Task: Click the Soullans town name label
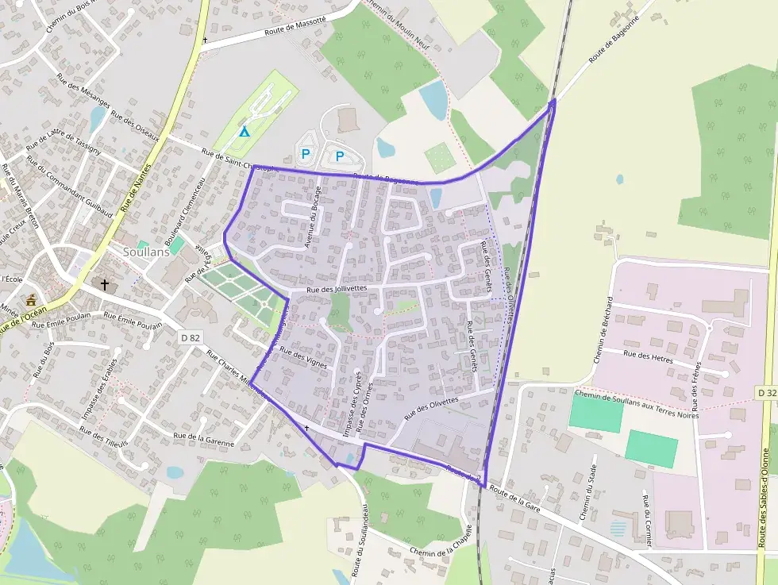(148, 252)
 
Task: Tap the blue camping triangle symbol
(245, 132)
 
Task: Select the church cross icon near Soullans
(104, 284)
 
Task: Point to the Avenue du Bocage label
(312, 217)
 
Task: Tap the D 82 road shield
(190, 337)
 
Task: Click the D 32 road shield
(766, 393)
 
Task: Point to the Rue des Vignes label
(304, 360)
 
